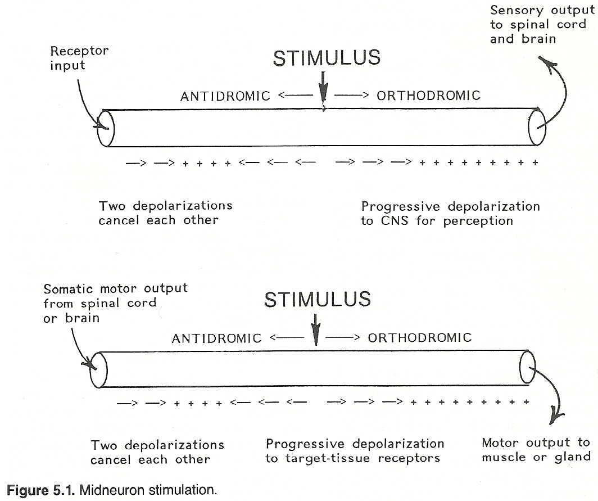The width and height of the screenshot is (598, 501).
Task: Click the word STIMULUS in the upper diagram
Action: click(x=327, y=58)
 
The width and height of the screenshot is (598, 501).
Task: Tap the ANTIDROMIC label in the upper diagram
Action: click(x=225, y=96)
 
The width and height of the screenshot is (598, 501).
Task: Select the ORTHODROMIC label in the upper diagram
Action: click(x=429, y=95)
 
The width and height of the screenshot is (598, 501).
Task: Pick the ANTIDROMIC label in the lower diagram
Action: click(x=216, y=338)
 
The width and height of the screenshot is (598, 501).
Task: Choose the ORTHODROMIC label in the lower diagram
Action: click(x=420, y=337)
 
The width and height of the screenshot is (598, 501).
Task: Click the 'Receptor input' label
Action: click(x=79, y=58)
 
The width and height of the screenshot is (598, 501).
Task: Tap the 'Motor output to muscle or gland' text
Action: click(x=536, y=450)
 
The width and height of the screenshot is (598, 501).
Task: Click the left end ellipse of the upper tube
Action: click(x=106, y=129)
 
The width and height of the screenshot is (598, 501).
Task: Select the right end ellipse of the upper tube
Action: click(x=537, y=127)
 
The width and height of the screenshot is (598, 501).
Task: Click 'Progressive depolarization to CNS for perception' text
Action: click(x=450, y=214)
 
